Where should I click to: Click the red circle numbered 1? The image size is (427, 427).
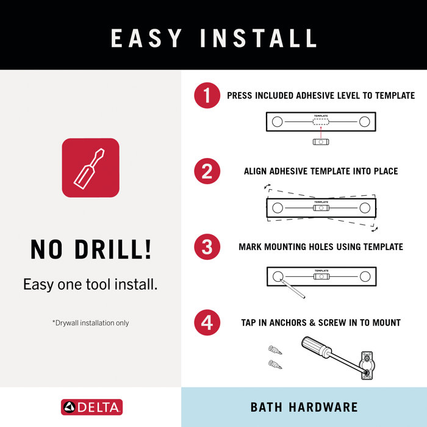207,96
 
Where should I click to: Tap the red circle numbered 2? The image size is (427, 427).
207,171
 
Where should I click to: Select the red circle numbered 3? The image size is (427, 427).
207,247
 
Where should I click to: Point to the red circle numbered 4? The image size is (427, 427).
207,322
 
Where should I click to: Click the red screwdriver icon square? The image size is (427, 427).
90,168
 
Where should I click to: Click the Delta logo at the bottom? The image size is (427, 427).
91,407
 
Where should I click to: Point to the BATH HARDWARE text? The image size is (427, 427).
304,407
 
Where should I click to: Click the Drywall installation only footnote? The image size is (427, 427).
90,323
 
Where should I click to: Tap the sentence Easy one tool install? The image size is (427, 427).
90,284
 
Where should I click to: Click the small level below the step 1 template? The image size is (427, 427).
321,142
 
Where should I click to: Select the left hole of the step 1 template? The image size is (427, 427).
277,122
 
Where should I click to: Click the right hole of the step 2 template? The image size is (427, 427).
365,208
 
